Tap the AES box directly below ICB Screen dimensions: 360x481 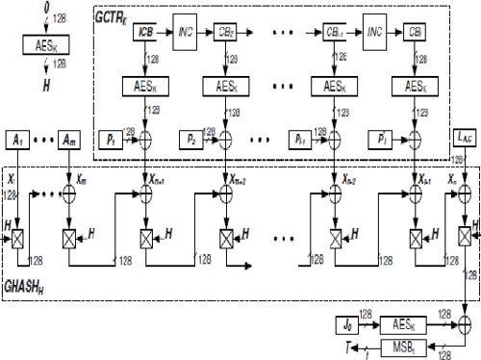(x=145, y=87)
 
